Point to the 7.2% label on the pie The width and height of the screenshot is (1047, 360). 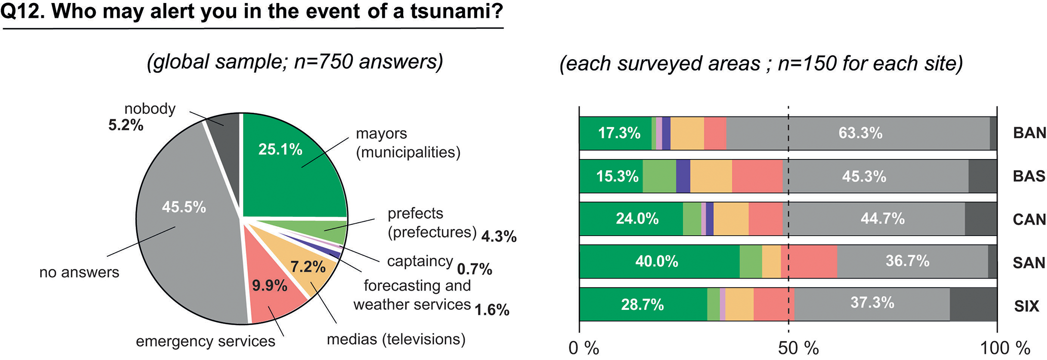tap(307, 267)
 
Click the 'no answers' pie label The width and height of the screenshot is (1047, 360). tap(80, 272)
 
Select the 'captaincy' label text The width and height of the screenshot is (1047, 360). tap(420, 261)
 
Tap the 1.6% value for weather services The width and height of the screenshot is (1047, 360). tap(492, 310)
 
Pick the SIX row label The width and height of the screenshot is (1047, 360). tap(1026, 306)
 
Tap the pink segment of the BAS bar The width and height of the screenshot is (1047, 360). tap(757, 176)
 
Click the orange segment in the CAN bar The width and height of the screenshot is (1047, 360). tap(731, 219)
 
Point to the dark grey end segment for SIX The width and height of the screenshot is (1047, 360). tap(973, 304)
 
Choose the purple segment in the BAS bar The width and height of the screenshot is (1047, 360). tap(683, 176)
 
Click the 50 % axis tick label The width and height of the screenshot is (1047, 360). tap(798, 348)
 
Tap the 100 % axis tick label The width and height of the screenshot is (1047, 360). tap(1005, 348)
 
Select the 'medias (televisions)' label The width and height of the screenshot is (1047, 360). tap(396, 339)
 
